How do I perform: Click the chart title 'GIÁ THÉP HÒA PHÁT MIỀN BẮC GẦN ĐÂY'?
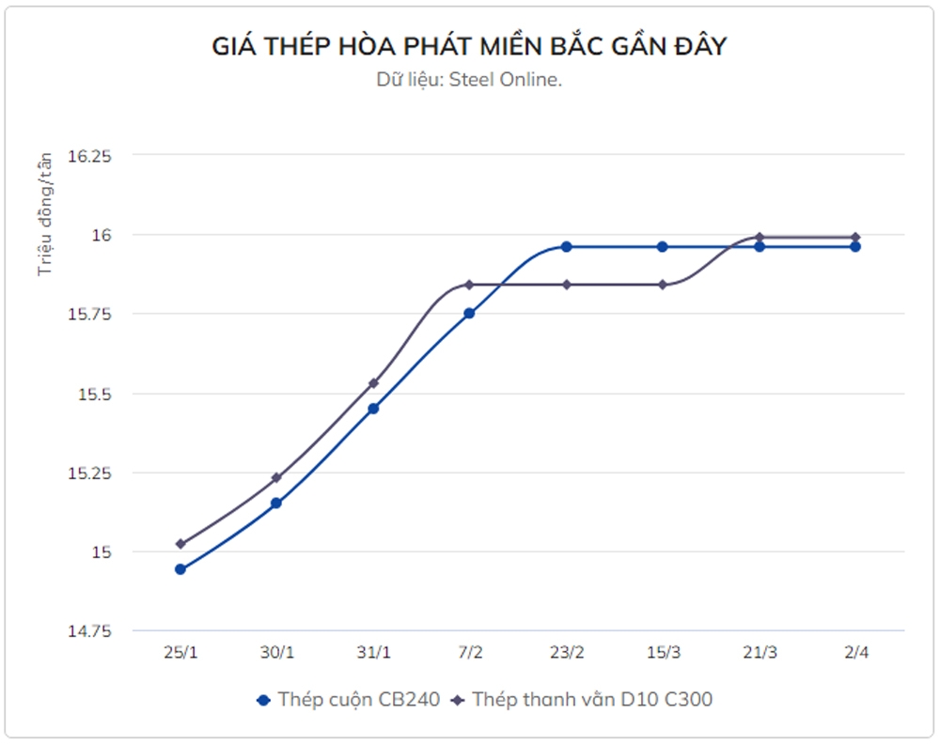pos(469,45)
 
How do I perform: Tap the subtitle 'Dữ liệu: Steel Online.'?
pos(469,80)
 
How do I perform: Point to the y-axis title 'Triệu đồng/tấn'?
pos(44,214)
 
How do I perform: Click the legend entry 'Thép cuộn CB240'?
pos(348,700)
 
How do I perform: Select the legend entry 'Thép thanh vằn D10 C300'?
pos(583,700)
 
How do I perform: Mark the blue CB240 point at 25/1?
pos(180,569)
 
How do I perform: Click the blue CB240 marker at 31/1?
pos(373,409)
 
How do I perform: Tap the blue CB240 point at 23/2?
pos(566,246)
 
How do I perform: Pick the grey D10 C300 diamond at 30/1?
pos(276,478)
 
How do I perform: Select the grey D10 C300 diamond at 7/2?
pos(469,285)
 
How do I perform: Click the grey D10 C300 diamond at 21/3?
pos(759,237)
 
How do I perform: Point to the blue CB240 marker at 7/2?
pos(469,313)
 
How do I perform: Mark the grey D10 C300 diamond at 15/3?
pos(662,285)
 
